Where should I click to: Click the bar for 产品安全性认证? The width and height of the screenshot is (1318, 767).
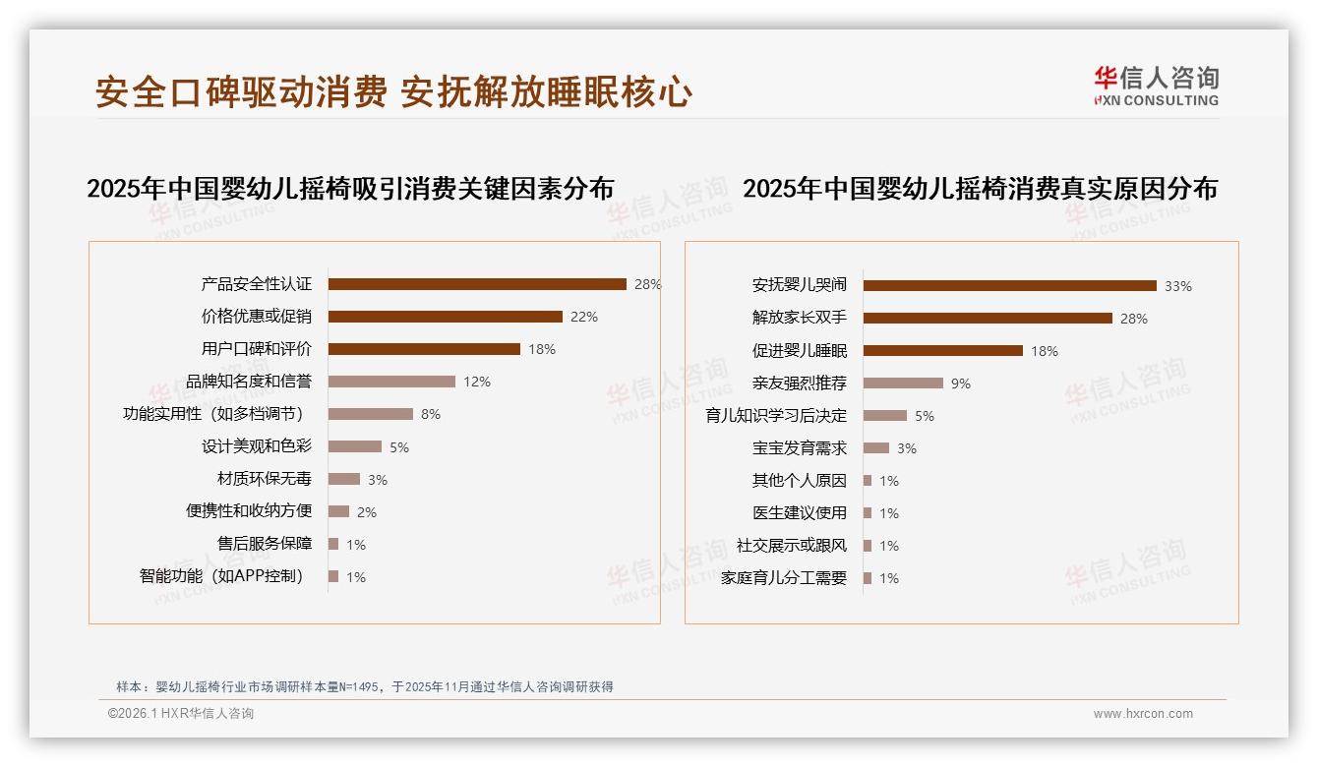[x=477, y=284]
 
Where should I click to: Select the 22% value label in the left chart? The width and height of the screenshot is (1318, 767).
[x=584, y=317]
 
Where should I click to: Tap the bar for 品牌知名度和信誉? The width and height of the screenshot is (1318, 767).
[x=391, y=382]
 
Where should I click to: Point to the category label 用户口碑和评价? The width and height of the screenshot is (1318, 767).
[x=256, y=349]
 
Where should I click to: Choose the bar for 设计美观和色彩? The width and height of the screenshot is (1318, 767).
[x=354, y=446]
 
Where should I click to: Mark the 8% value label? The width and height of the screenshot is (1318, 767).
[x=431, y=414]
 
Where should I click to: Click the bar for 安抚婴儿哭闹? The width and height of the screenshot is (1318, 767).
[x=1009, y=286]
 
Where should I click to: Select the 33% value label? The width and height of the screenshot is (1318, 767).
[x=1178, y=286]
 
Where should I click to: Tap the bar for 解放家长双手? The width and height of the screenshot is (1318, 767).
[x=988, y=319]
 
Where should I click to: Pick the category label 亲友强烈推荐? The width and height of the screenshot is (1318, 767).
[x=799, y=383]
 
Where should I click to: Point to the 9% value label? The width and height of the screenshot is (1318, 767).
[x=961, y=383]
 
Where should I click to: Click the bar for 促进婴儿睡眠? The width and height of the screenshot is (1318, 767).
[x=942, y=351]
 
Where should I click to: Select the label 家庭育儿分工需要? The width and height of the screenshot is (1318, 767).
[x=783, y=578]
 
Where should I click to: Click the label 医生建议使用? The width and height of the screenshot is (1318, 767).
[x=799, y=513]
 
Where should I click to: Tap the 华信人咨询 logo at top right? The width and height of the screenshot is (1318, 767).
[x=1156, y=86]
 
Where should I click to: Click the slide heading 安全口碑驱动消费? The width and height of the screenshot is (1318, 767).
[x=241, y=92]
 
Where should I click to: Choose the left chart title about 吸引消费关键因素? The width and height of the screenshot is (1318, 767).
[x=350, y=189]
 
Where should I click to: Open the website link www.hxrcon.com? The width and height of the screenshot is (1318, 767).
[x=1143, y=714]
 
